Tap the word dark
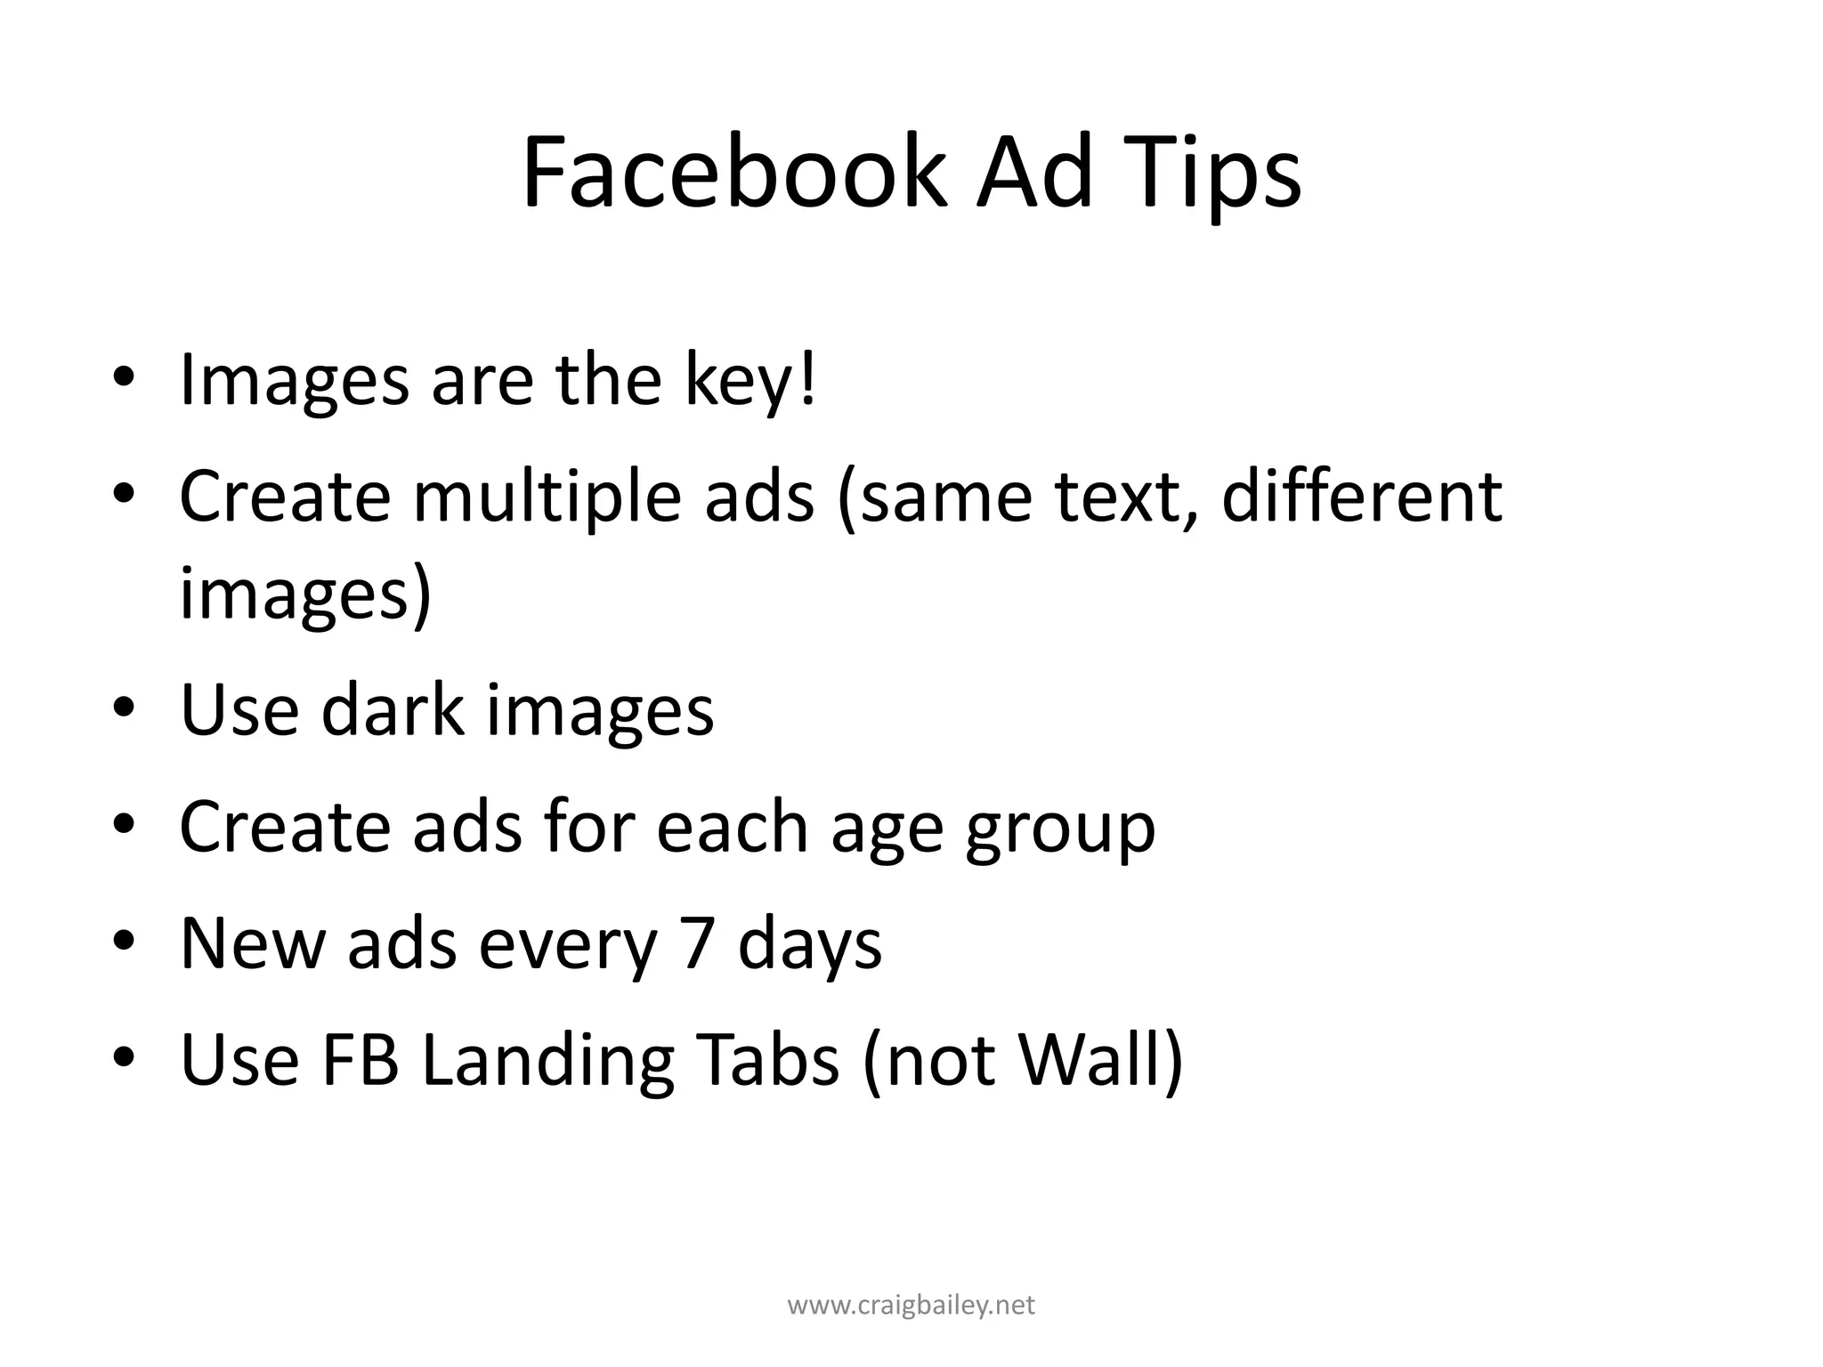click(393, 709)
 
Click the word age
click(887, 828)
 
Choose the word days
click(810, 943)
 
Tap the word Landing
click(547, 1061)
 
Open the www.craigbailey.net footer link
click(911, 1306)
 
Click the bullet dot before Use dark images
click(124, 709)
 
